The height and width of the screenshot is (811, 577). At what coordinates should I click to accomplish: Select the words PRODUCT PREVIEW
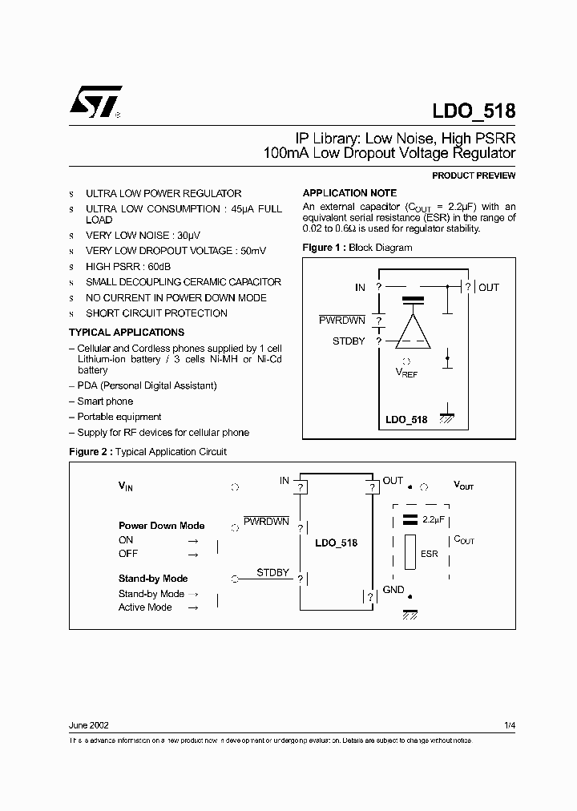point(474,176)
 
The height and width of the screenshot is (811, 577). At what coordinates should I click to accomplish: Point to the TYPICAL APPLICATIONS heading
point(127,332)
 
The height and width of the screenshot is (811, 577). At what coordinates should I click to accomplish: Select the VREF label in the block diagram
point(406,372)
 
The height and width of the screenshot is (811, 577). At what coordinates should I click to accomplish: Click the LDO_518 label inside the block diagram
point(406,420)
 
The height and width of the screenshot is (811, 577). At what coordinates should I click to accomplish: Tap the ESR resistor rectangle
point(410,553)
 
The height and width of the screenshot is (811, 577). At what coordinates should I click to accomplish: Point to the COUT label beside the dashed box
point(464,540)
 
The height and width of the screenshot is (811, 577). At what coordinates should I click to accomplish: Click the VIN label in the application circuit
point(127,486)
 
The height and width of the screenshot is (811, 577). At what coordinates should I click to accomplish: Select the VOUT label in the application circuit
point(464,486)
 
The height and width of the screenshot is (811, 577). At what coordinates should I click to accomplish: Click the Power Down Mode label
point(162,526)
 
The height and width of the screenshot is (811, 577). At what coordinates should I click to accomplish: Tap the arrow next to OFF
point(192,554)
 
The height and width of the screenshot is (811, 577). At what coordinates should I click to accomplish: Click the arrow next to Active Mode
point(192,607)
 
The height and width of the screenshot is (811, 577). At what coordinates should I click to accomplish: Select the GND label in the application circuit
point(393,590)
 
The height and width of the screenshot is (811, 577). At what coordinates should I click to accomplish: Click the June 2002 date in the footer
point(89,725)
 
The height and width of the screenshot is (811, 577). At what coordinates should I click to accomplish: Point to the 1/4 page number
point(510,725)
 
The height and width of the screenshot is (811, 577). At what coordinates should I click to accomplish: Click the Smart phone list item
point(105,401)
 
